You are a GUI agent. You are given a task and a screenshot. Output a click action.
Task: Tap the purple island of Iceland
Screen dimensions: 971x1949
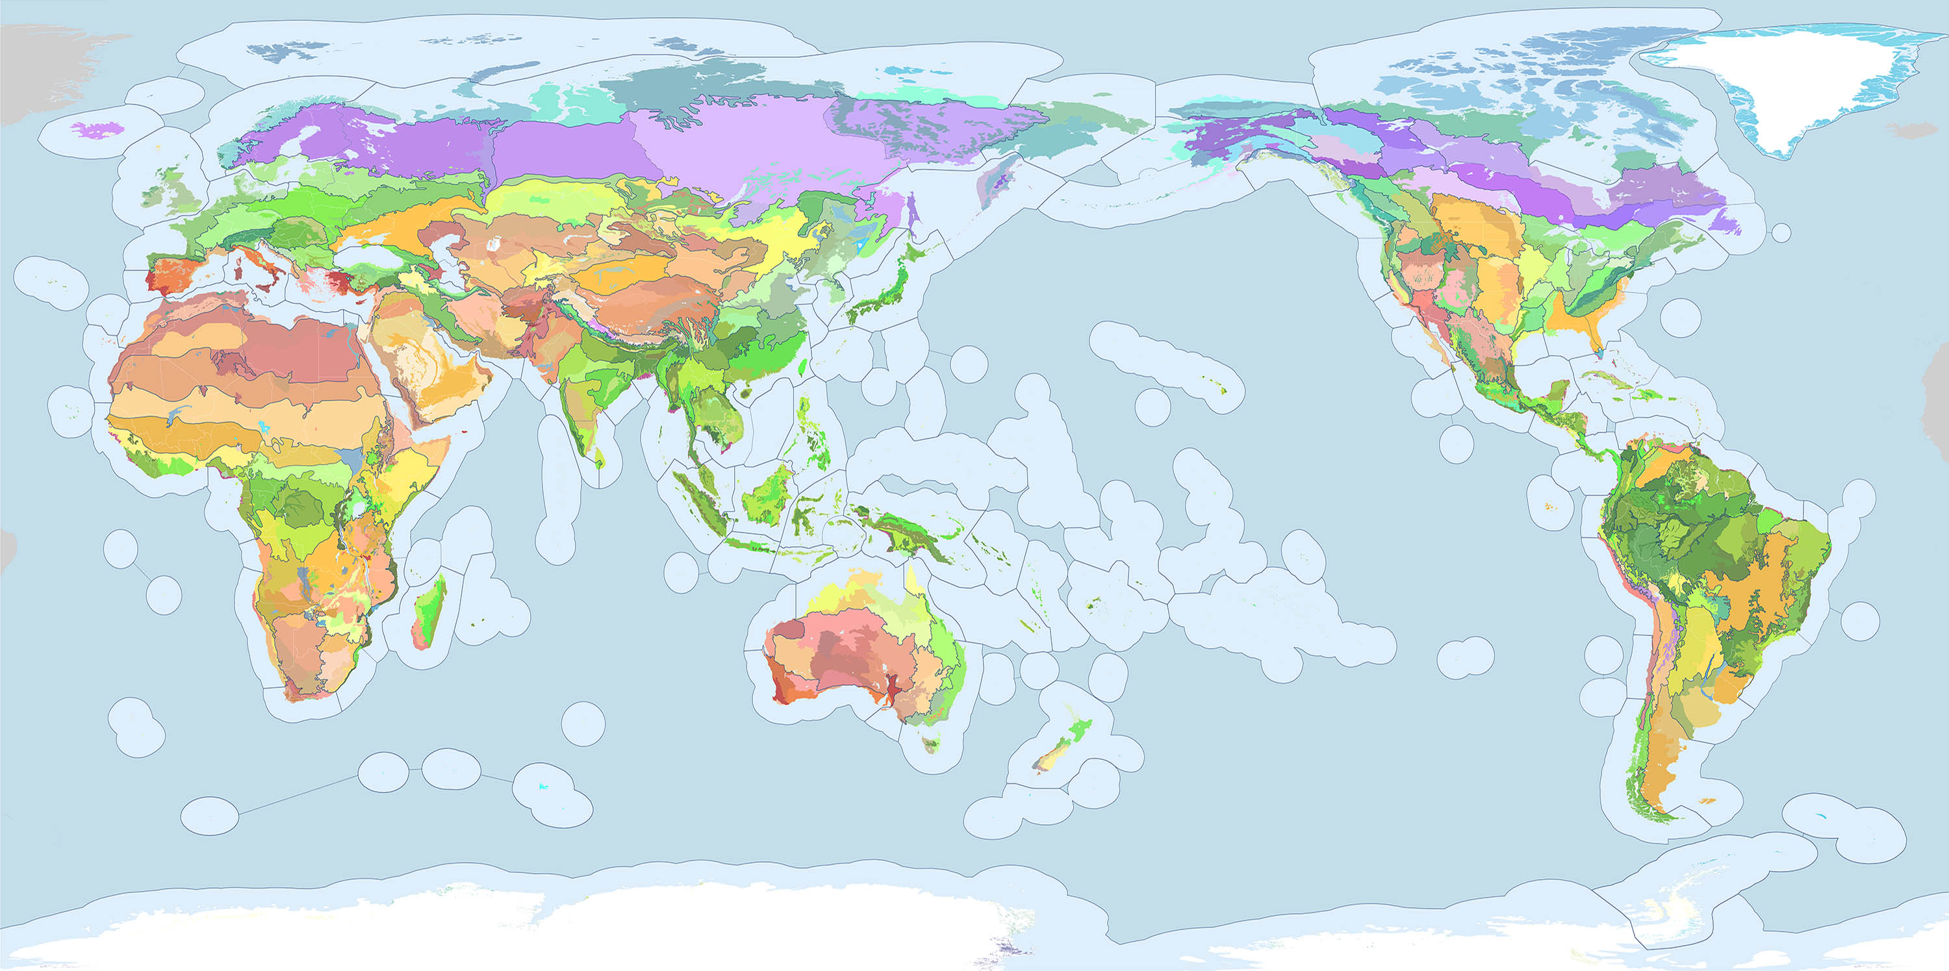click(x=98, y=129)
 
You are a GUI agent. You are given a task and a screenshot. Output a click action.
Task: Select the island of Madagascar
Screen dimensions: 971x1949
click(x=429, y=612)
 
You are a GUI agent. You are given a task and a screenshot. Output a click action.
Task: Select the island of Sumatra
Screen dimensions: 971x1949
click(x=700, y=503)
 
